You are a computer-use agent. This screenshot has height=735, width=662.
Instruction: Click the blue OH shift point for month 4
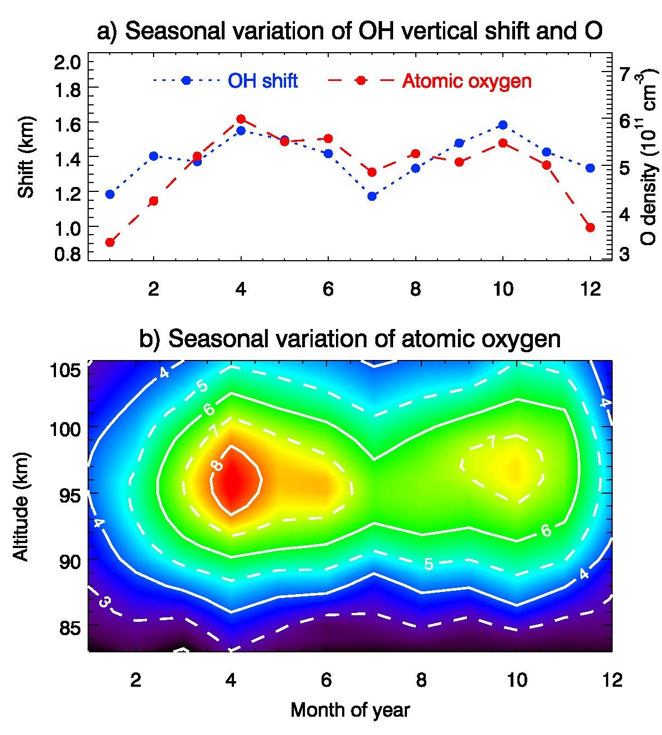pos(241,131)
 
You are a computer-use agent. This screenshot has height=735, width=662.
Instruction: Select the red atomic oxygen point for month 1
pos(110,242)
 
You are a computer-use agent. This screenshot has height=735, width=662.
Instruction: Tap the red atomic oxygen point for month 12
pos(590,227)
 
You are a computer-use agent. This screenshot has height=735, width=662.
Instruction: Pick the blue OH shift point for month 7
pos(372,196)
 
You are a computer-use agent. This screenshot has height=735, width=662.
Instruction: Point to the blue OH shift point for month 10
pos(503,125)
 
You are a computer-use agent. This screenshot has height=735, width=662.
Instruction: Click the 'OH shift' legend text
pos(263,81)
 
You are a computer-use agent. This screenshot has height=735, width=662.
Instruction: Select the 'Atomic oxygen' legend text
pos(467,81)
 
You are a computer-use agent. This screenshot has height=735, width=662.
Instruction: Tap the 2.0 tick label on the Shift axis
pos(67,62)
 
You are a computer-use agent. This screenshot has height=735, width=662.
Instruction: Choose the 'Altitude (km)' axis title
pos(21,506)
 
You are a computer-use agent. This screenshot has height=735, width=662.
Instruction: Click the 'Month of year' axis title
pos(350,710)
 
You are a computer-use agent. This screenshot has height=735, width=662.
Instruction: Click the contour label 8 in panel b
pos(217,465)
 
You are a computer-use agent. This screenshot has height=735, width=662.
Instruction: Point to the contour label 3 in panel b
pos(104,601)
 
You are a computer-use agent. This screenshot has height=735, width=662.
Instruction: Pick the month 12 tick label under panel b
pos(612,680)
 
